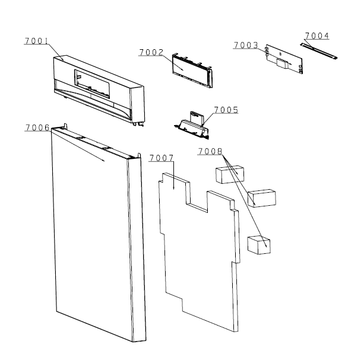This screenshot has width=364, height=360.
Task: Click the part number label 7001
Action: point(36,41)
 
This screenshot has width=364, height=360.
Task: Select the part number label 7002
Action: point(151,52)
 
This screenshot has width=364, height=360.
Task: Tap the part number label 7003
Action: point(246,45)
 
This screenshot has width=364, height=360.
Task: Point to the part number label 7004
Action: point(317,36)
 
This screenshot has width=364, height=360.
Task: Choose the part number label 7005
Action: point(226,110)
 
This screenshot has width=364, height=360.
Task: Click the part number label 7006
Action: point(37,128)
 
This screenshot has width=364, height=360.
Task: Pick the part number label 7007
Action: point(162,158)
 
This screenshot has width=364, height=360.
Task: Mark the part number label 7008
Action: point(210,151)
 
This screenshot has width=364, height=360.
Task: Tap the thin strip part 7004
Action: point(318,50)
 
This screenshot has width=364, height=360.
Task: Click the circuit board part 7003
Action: point(284,59)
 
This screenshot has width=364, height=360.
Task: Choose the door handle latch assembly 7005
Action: point(192,127)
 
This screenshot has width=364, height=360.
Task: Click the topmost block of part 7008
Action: point(230,174)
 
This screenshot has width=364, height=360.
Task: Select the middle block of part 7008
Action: point(262,198)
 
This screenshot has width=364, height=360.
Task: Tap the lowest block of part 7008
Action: point(259,245)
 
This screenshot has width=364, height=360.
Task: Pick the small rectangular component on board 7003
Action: point(282,63)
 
